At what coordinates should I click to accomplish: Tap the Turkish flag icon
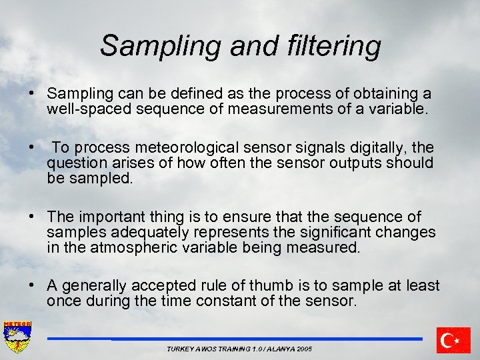click(x=453, y=340)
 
